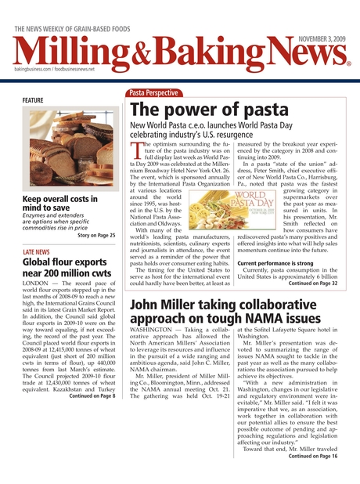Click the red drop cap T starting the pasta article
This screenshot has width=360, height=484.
[x=136, y=151]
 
